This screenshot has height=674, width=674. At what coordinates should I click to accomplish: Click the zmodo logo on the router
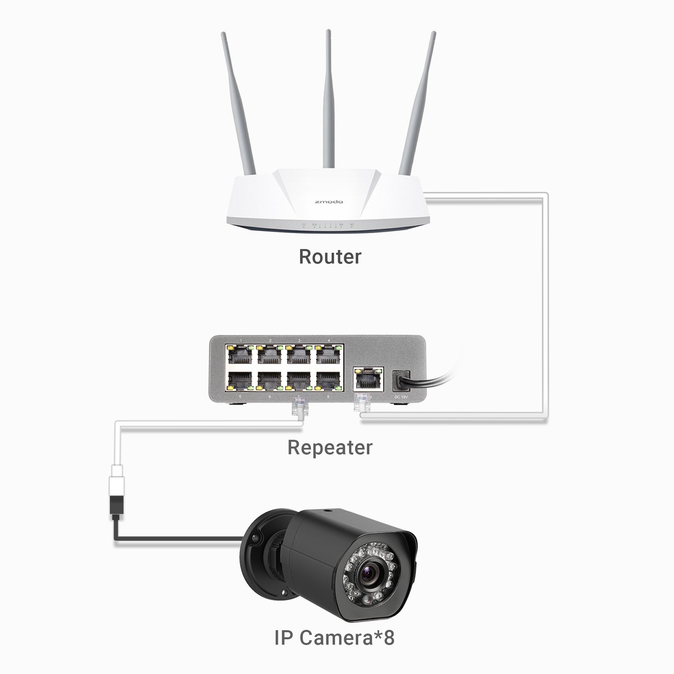pyautogui.click(x=329, y=202)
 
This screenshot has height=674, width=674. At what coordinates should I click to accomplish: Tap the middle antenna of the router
pyautogui.click(x=328, y=105)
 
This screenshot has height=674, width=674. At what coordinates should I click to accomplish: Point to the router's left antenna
pyautogui.click(x=238, y=105)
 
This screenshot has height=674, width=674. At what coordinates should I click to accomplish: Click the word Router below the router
pyautogui.click(x=330, y=257)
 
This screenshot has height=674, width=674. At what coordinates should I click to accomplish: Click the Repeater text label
pyautogui.click(x=330, y=447)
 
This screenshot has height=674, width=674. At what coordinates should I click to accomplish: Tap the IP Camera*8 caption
pyautogui.click(x=334, y=637)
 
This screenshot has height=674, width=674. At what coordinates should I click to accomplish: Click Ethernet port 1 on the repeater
pyautogui.click(x=240, y=356)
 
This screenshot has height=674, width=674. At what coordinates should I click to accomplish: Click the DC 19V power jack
pyautogui.click(x=400, y=380)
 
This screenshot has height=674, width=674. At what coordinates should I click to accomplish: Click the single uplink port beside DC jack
pyautogui.click(x=368, y=379)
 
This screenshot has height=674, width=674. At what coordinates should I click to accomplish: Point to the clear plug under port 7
pyautogui.click(x=297, y=408)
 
